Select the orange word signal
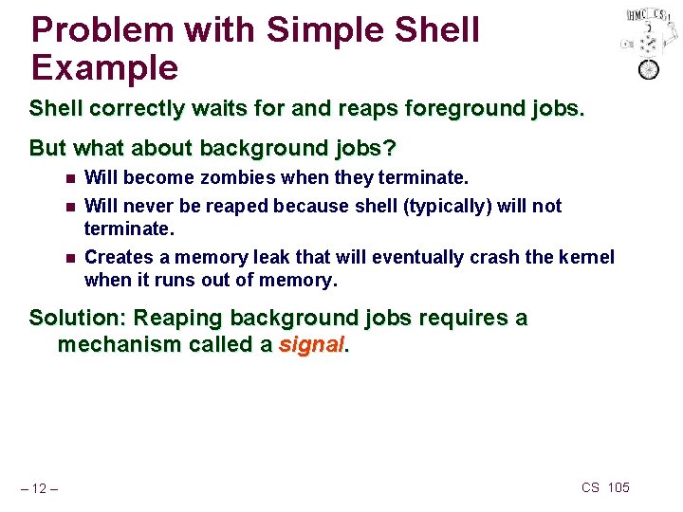(x=311, y=345)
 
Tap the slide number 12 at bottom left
(x=41, y=488)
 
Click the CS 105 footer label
(x=604, y=487)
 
